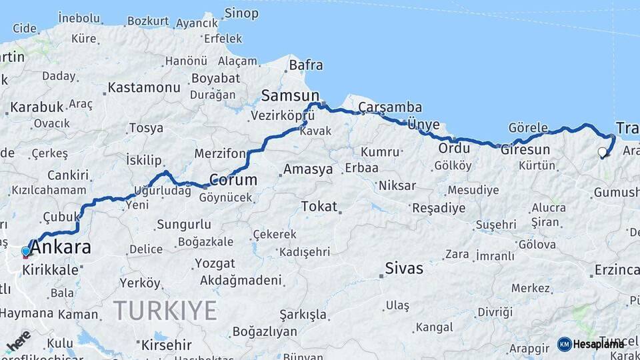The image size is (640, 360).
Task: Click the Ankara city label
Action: [61, 247]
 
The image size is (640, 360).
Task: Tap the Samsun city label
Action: [290, 95]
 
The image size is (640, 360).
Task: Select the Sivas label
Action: [404, 269]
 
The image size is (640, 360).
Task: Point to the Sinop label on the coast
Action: [241, 13]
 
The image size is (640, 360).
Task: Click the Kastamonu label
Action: [144, 87]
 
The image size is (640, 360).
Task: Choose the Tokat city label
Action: [319, 206]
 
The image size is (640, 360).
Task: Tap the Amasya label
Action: [307, 169]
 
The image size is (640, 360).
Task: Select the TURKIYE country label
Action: [165, 311]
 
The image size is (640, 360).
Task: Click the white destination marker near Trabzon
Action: [603, 152]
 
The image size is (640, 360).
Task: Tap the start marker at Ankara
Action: [26, 252]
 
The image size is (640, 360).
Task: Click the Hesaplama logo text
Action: [599, 344]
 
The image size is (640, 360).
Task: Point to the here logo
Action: [18, 340]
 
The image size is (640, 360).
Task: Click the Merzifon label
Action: [220, 153]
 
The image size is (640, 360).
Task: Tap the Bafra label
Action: [305, 65]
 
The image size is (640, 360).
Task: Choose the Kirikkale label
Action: [51, 270]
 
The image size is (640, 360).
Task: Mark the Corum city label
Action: [233, 179]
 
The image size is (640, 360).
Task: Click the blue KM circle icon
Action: [565, 344]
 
